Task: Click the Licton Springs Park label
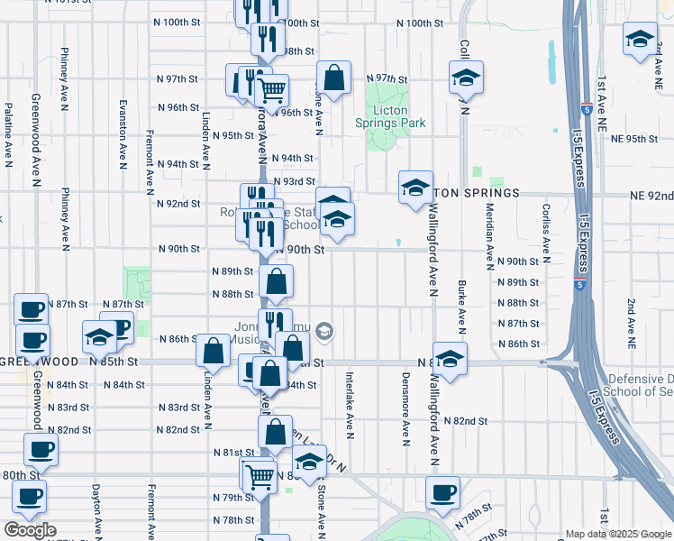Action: point(391,117)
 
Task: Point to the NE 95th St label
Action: point(635,139)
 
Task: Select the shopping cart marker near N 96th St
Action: point(271,90)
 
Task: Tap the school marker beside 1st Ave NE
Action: point(640,40)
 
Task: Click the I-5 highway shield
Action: point(577,285)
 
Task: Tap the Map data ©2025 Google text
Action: point(618,534)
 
